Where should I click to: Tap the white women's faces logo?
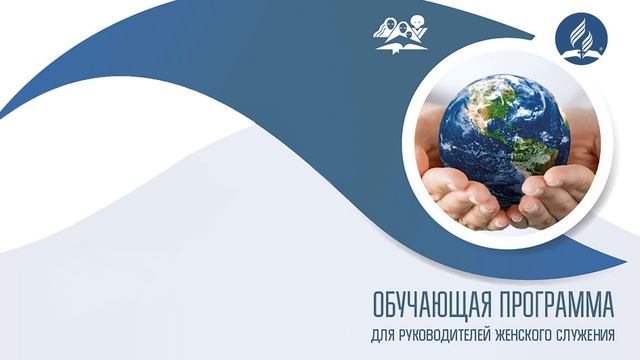[x=400, y=29]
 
